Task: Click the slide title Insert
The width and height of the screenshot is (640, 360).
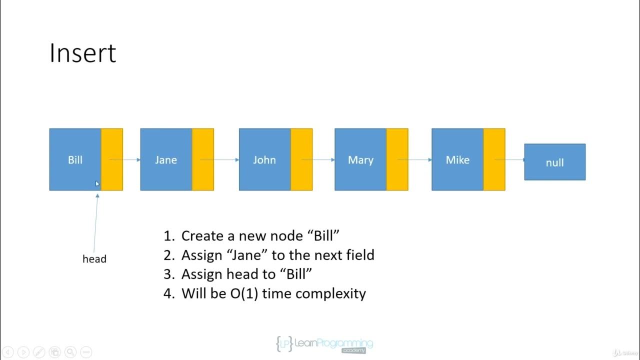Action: [x=82, y=53]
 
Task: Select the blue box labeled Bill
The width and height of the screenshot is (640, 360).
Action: [x=75, y=159]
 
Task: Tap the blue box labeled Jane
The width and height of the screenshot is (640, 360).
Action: [x=166, y=159]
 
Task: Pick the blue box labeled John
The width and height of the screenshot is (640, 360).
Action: [x=264, y=159]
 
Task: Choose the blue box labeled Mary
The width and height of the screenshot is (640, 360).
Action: [x=360, y=159]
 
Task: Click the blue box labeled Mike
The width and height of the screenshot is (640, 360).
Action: [x=457, y=159]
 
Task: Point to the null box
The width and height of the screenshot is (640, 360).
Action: [x=554, y=162]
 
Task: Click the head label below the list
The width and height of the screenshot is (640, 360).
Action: [x=94, y=259]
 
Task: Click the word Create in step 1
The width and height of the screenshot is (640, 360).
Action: [x=202, y=236]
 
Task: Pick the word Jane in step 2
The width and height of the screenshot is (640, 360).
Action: [x=250, y=255]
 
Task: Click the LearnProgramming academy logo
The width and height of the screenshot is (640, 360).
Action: [x=324, y=344]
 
